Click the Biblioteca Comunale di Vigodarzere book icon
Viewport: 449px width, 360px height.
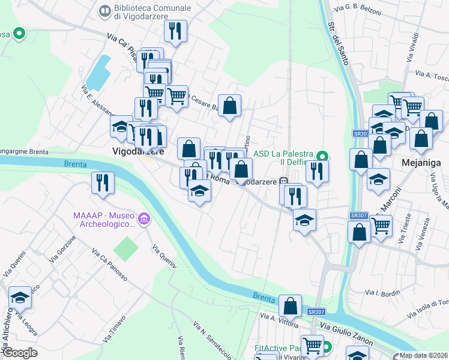105,11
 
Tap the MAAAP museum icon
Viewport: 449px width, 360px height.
143,220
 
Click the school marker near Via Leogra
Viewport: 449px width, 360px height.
20,297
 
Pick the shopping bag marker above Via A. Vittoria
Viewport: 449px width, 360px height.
290,305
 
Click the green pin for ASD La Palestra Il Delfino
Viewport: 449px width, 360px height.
321,157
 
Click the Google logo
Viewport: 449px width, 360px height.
20,353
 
